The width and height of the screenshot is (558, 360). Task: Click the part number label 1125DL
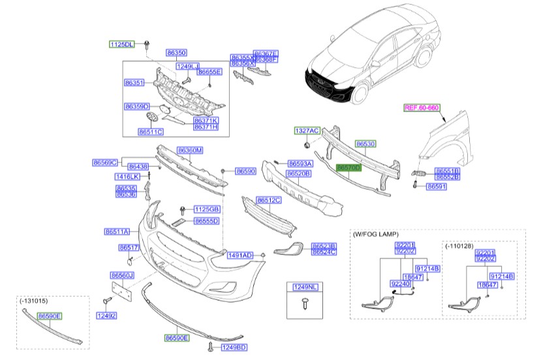(121, 44)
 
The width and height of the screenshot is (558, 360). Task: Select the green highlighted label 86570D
(348, 168)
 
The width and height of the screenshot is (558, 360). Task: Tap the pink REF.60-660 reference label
(422, 108)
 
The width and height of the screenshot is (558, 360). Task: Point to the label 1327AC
(306, 131)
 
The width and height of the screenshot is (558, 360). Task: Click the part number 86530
(365, 143)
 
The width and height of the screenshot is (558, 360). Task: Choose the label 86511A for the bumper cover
(117, 232)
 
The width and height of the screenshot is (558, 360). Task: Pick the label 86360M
(190, 151)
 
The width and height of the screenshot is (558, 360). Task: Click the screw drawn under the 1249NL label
(305, 301)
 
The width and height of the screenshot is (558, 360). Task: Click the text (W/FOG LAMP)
(375, 233)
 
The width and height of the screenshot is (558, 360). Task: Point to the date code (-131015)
(34, 301)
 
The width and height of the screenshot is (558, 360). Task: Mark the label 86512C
(268, 200)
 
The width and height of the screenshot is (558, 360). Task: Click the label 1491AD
(240, 256)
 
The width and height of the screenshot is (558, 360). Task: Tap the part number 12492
(106, 316)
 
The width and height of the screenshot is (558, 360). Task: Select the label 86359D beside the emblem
(137, 106)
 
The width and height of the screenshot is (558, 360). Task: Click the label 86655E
(210, 72)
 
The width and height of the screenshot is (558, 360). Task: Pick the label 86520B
(299, 174)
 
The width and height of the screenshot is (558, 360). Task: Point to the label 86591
(437, 187)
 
